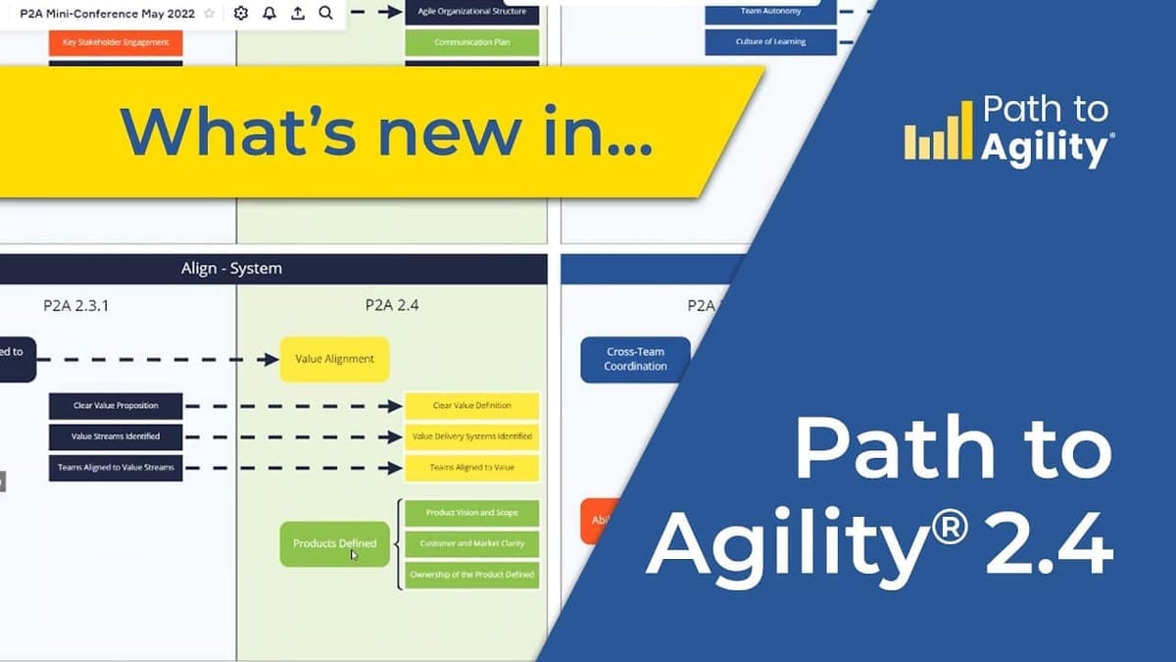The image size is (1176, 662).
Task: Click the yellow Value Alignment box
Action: tap(334, 359)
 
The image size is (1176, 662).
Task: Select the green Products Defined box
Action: tap(334, 543)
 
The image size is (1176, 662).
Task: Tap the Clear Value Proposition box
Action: tap(116, 405)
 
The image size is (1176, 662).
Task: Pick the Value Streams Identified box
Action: tap(116, 436)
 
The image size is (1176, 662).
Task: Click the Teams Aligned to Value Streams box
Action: tap(116, 467)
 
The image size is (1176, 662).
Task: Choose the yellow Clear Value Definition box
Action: tap(471, 405)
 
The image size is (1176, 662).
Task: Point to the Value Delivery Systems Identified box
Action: tap(471, 436)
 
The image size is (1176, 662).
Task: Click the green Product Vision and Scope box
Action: tap(471, 513)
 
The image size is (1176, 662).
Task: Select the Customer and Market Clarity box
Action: tap(471, 543)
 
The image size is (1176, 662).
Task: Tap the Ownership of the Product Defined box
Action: tap(471, 574)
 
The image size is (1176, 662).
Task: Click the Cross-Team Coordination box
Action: tap(635, 359)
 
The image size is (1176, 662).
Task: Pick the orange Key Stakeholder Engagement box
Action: tap(116, 42)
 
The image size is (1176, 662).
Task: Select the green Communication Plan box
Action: tap(471, 42)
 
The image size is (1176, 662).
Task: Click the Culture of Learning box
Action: tap(770, 42)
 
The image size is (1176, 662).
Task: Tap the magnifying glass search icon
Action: tap(325, 14)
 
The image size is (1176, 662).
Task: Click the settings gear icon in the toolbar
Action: tap(241, 14)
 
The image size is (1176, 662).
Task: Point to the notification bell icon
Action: tap(269, 14)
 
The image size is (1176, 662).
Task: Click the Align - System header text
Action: tap(231, 269)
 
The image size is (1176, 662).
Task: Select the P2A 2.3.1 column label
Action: tap(76, 305)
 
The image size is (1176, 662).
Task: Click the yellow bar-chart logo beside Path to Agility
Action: tap(938, 140)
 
